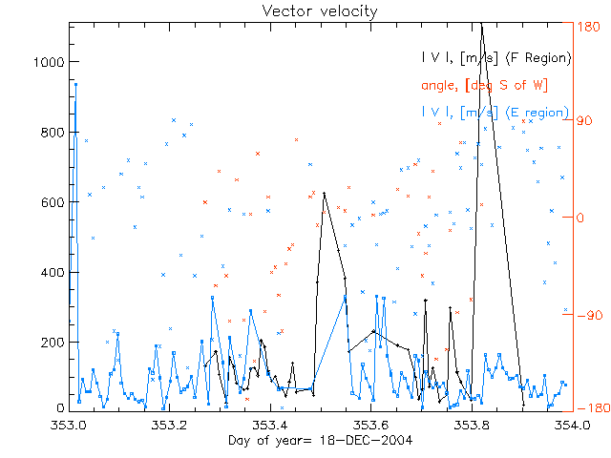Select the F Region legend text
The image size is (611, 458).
[497, 58]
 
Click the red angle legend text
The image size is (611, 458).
[484, 86]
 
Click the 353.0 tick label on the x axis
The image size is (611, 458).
[70, 425]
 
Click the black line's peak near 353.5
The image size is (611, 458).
[324, 194]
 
